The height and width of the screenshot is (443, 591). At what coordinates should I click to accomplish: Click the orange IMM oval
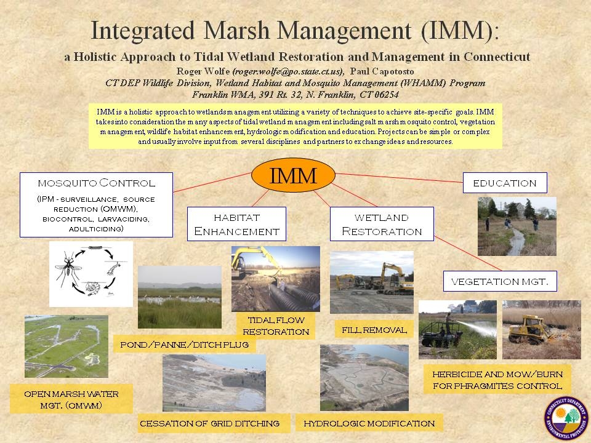click(x=293, y=175)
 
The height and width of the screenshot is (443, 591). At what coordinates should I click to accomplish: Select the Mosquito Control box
click(x=96, y=205)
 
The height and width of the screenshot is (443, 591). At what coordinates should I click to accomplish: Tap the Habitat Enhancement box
click(x=236, y=224)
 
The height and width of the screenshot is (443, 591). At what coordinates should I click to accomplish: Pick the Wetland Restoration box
click(x=382, y=224)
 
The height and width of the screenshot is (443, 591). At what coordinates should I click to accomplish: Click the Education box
click(x=505, y=183)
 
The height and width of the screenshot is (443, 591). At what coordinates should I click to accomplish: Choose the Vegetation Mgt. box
click(x=500, y=281)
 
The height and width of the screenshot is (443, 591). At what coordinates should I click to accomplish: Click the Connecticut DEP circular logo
click(x=566, y=417)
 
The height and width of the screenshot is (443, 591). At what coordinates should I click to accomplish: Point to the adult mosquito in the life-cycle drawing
click(x=68, y=268)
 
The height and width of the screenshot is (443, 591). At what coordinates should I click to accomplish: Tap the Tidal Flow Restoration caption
click(x=276, y=326)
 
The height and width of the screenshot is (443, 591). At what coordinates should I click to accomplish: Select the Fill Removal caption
click(x=374, y=330)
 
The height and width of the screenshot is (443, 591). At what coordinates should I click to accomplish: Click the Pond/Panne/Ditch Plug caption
click(x=184, y=345)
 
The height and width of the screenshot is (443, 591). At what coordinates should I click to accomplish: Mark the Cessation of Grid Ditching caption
click(x=210, y=423)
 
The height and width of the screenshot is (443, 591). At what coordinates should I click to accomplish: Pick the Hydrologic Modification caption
click(x=369, y=423)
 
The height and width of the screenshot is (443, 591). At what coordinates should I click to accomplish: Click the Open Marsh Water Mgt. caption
click(x=71, y=399)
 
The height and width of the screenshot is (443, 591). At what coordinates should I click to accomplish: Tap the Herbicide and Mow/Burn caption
click(x=497, y=380)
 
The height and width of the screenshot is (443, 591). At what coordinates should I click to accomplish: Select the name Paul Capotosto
click(x=382, y=71)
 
